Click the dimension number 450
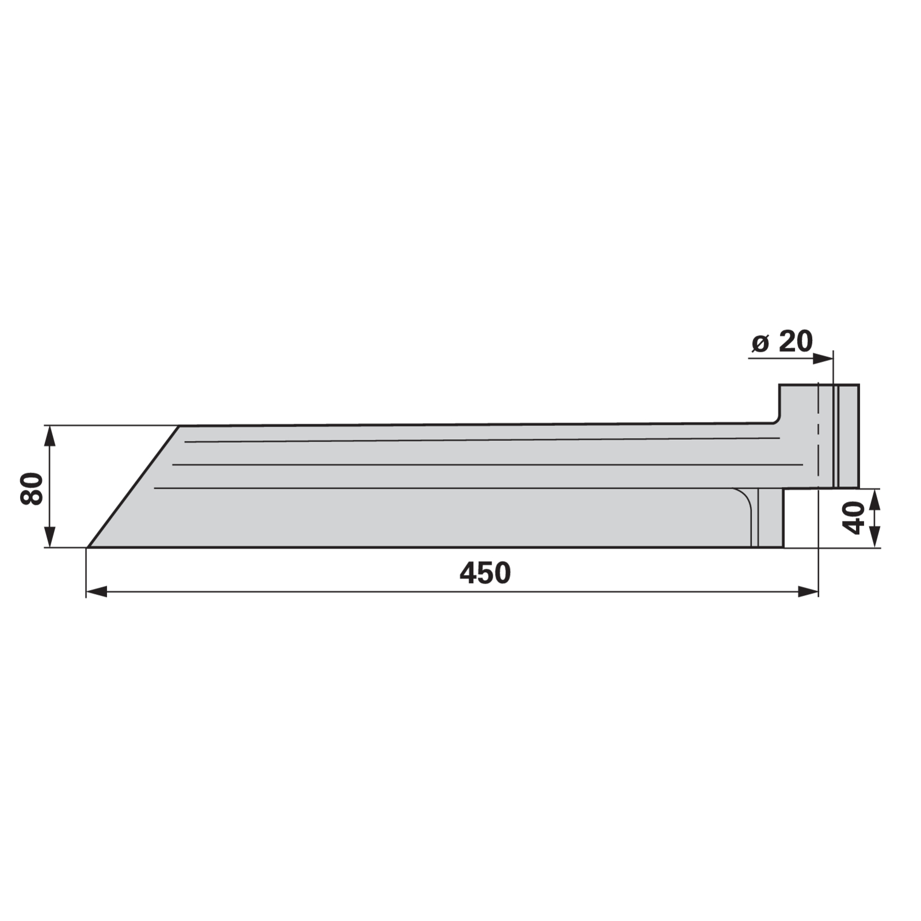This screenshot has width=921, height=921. click(485, 573)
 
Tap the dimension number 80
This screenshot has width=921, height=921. click(32, 489)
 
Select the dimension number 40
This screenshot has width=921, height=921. click(854, 517)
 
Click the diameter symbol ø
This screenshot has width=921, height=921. click(760, 344)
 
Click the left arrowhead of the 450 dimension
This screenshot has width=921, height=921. click(96, 592)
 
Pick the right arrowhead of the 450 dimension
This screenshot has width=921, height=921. click(808, 592)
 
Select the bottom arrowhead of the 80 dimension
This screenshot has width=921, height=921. click(50, 537)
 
